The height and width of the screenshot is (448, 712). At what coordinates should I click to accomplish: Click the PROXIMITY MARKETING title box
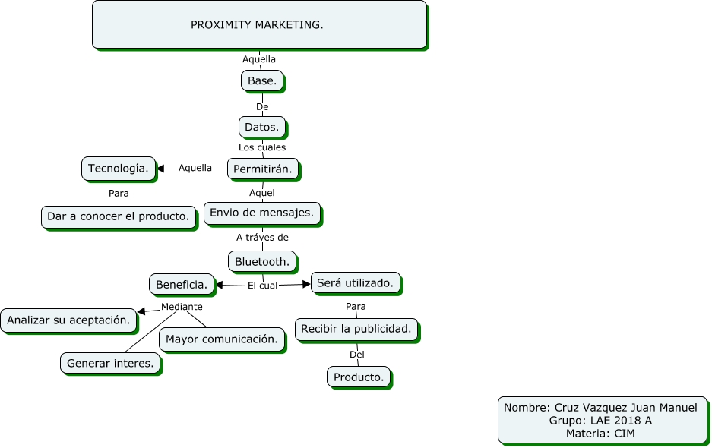click(x=258, y=25)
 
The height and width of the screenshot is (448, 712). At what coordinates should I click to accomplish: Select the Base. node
click(x=262, y=80)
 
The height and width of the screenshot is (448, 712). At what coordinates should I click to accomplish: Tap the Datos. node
click(x=262, y=127)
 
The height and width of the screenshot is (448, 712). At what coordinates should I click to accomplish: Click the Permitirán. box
click(x=262, y=169)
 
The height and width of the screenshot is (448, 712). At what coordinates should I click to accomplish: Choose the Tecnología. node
click(x=119, y=168)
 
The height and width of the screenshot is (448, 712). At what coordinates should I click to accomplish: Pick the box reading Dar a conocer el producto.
click(x=118, y=216)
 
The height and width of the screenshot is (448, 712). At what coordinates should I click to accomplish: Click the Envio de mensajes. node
click(x=261, y=213)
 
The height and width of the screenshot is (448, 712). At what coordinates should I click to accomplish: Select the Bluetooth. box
click(x=262, y=262)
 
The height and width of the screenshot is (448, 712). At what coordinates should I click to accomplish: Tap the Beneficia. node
click(x=182, y=284)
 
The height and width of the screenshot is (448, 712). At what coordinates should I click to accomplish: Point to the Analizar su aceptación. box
click(x=67, y=320)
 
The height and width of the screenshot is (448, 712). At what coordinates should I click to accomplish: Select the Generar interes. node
click(x=110, y=364)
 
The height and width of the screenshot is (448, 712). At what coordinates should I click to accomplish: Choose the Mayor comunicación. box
click(x=221, y=339)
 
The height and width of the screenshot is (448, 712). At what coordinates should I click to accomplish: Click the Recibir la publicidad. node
click(x=356, y=329)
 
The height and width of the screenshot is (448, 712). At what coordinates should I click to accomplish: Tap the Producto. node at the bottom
click(x=359, y=377)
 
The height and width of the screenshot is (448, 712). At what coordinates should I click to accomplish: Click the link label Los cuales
click(x=262, y=147)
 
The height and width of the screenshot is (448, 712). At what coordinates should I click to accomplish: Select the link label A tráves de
click(x=262, y=237)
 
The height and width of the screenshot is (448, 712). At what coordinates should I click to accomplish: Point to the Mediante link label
click(x=182, y=307)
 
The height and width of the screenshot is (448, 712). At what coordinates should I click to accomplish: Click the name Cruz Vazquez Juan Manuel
click(x=625, y=408)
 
